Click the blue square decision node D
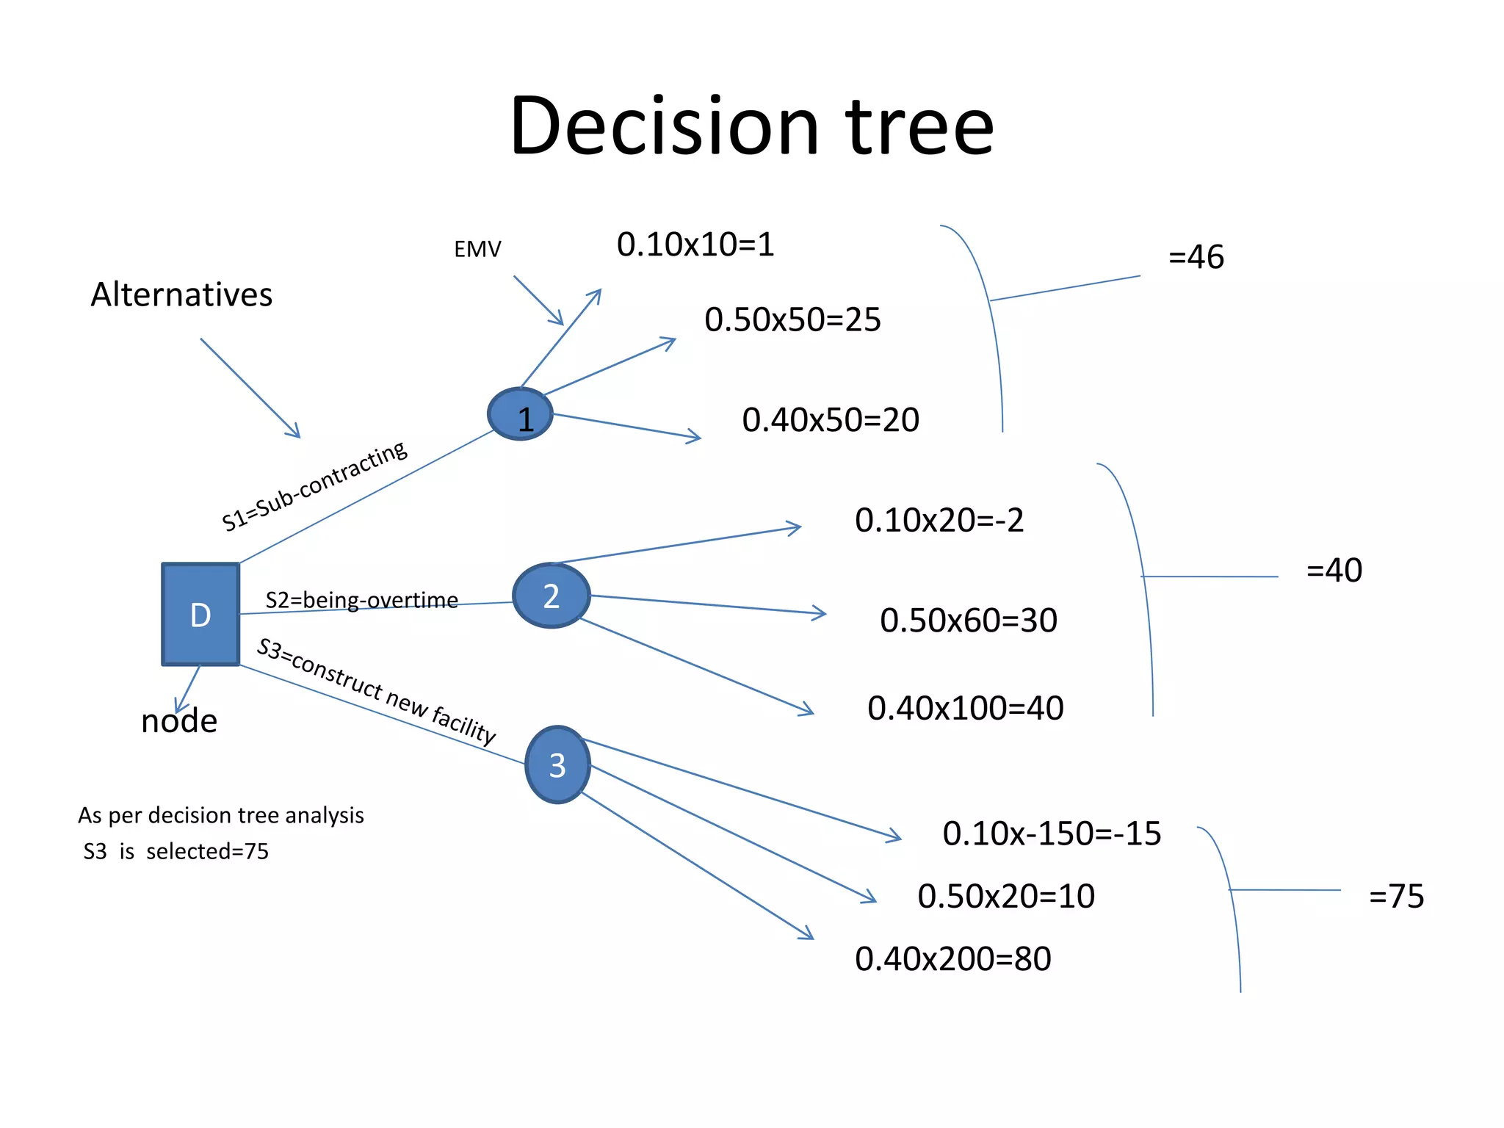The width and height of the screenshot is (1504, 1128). coord(200,614)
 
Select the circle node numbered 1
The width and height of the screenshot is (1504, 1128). coord(521,415)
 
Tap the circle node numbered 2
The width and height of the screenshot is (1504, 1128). coord(552,596)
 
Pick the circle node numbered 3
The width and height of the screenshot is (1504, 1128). coord(558,764)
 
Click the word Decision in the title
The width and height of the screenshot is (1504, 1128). coord(664,126)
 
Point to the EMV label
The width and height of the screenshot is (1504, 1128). coord(477,250)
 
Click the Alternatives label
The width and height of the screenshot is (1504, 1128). coord(181,294)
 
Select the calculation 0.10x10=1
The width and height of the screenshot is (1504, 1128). coord(695,245)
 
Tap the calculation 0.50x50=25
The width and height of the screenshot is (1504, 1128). coord(792,319)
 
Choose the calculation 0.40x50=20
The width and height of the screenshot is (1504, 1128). coord(831,420)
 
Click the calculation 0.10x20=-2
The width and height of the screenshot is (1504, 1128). coord(939,520)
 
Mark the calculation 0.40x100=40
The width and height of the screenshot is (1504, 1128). coord(965,708)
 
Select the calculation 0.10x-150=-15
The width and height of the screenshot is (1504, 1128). coord(1052,834)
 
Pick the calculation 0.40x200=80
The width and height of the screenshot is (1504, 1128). coord(952,958)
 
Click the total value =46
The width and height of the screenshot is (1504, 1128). coord(1196,257)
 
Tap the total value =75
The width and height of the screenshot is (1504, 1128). coord(1396,896)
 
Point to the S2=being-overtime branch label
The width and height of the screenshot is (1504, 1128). coord(361,600)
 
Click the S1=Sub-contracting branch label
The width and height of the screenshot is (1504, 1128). coord(314,485)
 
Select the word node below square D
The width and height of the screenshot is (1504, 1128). coord(179,721)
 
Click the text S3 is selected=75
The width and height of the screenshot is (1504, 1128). coord(176,851)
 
